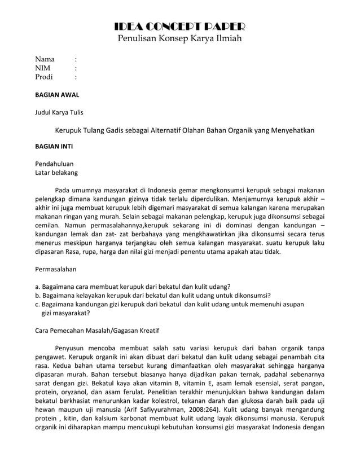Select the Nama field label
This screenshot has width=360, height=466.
tap(45, 59)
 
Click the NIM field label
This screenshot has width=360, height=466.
tap(43, 68)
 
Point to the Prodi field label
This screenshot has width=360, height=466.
tap(44, 77)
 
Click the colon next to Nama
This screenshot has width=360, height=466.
tap(76, 59)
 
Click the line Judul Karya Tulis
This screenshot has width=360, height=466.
tap(59, 112)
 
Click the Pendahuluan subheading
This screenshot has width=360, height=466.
tap(54, 164)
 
